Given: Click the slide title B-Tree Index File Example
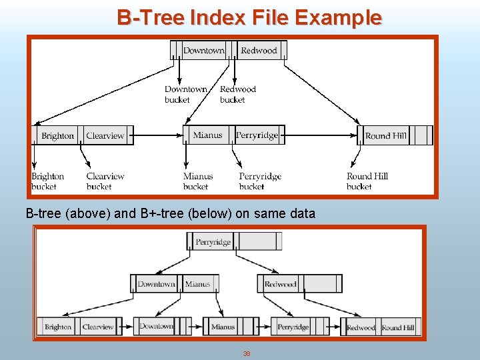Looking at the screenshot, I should [249, 17].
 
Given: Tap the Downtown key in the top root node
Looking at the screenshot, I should [203, 51].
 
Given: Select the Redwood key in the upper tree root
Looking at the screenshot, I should [259, 51].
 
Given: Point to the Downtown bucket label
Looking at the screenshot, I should [186, 95].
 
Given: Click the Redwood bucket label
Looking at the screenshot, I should [237, 95].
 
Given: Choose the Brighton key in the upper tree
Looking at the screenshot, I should [58, 136].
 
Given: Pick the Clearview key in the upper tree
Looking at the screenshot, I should [105, 136].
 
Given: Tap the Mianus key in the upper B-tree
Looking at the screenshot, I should [207, 135].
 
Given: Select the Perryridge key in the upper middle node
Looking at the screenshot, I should [257, 135].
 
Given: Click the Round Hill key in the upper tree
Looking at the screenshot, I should [385, 136].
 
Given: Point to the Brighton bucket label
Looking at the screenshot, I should [47, 181].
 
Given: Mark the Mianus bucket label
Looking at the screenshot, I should [198, 181].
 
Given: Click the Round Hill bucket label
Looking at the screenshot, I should [367, 181].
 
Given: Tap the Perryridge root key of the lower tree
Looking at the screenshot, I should [213, 242].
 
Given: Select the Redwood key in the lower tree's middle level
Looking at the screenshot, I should [280, 284].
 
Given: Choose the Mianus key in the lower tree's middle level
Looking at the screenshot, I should [197, 284].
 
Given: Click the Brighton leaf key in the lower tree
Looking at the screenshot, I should [58, 327].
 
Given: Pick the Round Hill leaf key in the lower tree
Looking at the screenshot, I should [398, 327].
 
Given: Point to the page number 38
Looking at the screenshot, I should [246, 353].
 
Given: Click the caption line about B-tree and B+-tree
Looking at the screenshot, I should [170, 214].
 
